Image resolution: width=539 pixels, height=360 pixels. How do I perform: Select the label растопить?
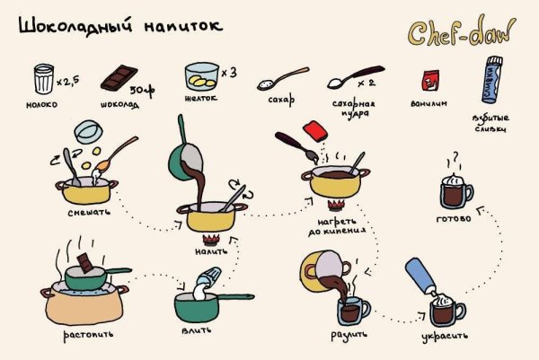point(87,335)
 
